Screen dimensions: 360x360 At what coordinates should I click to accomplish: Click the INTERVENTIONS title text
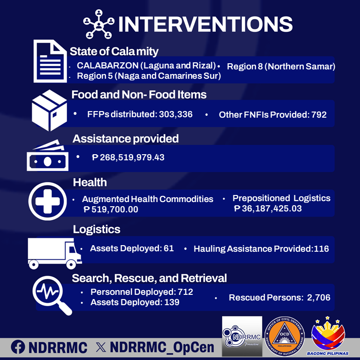(x=205, y=24)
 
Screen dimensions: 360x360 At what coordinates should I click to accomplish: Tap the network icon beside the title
(x=98, y=23)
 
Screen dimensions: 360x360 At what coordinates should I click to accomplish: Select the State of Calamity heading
(x=114, y=51)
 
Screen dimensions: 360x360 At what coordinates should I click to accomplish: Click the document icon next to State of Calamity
(x=50, y=60)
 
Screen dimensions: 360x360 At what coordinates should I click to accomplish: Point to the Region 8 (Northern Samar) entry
(x=281, y=66)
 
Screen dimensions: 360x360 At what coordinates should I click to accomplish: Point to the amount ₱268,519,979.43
(x=128, y=157)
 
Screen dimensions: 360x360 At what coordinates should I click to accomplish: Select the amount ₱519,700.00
(x=111, y=210)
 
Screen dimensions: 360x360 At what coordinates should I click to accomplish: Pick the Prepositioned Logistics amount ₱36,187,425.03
(x=268, y=208)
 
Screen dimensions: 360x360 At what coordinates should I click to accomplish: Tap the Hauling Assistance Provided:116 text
(x=261, y=249)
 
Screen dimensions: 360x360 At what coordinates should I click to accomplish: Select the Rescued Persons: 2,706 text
(x=279, y=298)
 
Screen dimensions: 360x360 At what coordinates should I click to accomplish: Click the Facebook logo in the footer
(x=18, y=347)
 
